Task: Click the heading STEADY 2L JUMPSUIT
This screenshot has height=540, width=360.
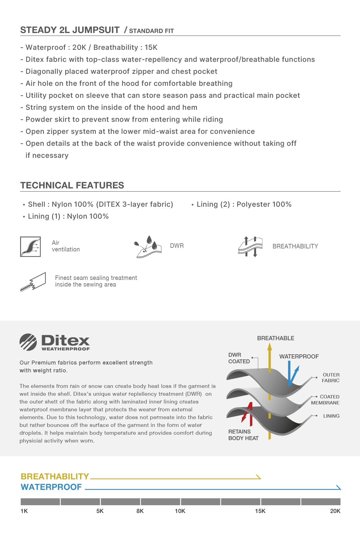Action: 70,30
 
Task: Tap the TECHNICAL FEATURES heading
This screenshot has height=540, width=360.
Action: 72,185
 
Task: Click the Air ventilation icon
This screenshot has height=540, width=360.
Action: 30,247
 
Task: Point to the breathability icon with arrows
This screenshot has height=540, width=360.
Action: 250,247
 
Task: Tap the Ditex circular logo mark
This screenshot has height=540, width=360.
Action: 28,342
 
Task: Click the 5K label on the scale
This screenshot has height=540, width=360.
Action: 100,511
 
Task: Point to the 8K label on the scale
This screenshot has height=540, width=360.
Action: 140,511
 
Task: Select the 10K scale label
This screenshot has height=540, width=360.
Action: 180,511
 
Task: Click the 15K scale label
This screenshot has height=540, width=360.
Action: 260,511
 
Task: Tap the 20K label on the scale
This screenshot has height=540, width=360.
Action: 335,511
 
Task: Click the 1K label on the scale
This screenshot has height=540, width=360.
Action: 24,511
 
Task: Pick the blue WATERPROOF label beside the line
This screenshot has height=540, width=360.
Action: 51,487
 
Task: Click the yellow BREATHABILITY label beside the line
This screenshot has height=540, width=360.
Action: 55,477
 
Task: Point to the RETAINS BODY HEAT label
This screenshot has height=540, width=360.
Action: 243,435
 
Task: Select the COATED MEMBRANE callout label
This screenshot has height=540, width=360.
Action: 325,400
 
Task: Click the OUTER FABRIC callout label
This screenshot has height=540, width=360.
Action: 331,378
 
